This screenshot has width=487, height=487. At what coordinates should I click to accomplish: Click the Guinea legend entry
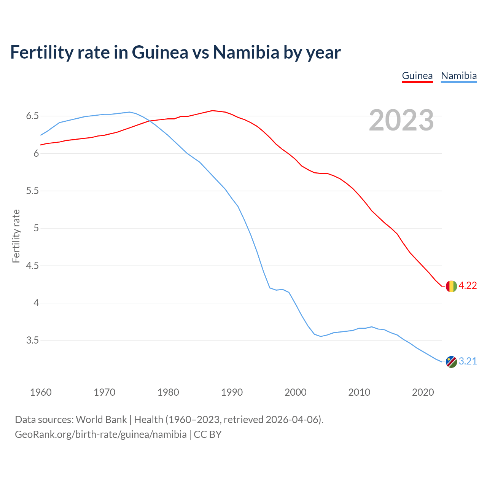coord(417,76)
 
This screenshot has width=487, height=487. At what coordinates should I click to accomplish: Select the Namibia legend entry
coord(458,76)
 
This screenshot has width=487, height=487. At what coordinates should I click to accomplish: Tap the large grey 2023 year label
coord(401,120)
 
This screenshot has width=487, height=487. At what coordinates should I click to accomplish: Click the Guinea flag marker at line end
coord(451,286)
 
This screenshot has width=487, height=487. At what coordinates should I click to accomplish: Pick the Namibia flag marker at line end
coord(451,362)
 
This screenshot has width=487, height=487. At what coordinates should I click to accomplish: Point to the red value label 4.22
coord(468,286)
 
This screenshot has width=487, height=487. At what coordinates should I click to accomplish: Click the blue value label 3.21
coord(468,361)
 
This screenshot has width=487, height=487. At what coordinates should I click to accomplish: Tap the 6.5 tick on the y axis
coord(32,116)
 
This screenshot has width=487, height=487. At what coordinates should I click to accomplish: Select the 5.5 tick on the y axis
coord(32,191)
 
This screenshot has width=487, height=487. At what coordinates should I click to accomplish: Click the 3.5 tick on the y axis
coord(32,340)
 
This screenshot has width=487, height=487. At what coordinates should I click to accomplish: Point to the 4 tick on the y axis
coord(36,303)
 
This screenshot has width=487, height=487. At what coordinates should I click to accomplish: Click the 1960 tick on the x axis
coord(41,392)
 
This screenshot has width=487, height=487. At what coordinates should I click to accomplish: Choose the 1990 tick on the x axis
coord(232,392)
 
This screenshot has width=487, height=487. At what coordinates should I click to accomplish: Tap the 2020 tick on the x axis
coord(423,392)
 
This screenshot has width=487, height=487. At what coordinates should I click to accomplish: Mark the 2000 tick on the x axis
coord(295,392)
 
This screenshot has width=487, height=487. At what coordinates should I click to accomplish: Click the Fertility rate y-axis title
coord(16,236)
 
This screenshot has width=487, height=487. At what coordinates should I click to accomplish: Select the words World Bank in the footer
coord(101,420)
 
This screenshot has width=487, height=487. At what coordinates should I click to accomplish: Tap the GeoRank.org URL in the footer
coord(100,434)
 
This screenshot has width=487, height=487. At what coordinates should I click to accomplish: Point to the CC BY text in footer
coord(208,434)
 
